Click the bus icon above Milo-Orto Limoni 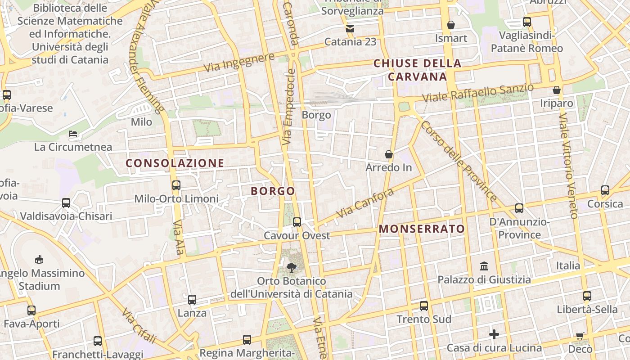pyautogui.click(x=176, y=185)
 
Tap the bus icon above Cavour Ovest pyautogui.click(x=297, y=222)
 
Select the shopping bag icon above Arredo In pyautogui.click(x=389, y=154)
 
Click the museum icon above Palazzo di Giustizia pyautogui.click(x=484, y=266)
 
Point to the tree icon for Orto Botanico pyautogui.click(x=292, y=268)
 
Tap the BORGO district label pyautogui.click(x=273, y=191)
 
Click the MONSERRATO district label pyautogui.click(x=422, y=229)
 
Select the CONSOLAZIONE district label pyautogui.click(x=175, y=163)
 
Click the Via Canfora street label pyautogui.click(x=365, y=203)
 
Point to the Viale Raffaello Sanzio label pyautogui.click(x=478, y=92)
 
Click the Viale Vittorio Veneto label pyautogui.click(x=568, y=166)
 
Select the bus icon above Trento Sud pyautogui.click(x=424, y=306)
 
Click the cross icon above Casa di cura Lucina pyautogui.click(x=494, y=334)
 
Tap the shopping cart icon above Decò pyautogui.click(x=580, y=336)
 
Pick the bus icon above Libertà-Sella pyautogui.click(x=587, y=296)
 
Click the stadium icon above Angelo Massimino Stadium pyautogui.click(x=39, y=259)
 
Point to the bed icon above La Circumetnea pyautogui.click(x=73, y=133)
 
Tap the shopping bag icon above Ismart pyautogui.click(x=451, y=25)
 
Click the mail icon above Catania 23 pyautogui.click(x=350, y=29)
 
